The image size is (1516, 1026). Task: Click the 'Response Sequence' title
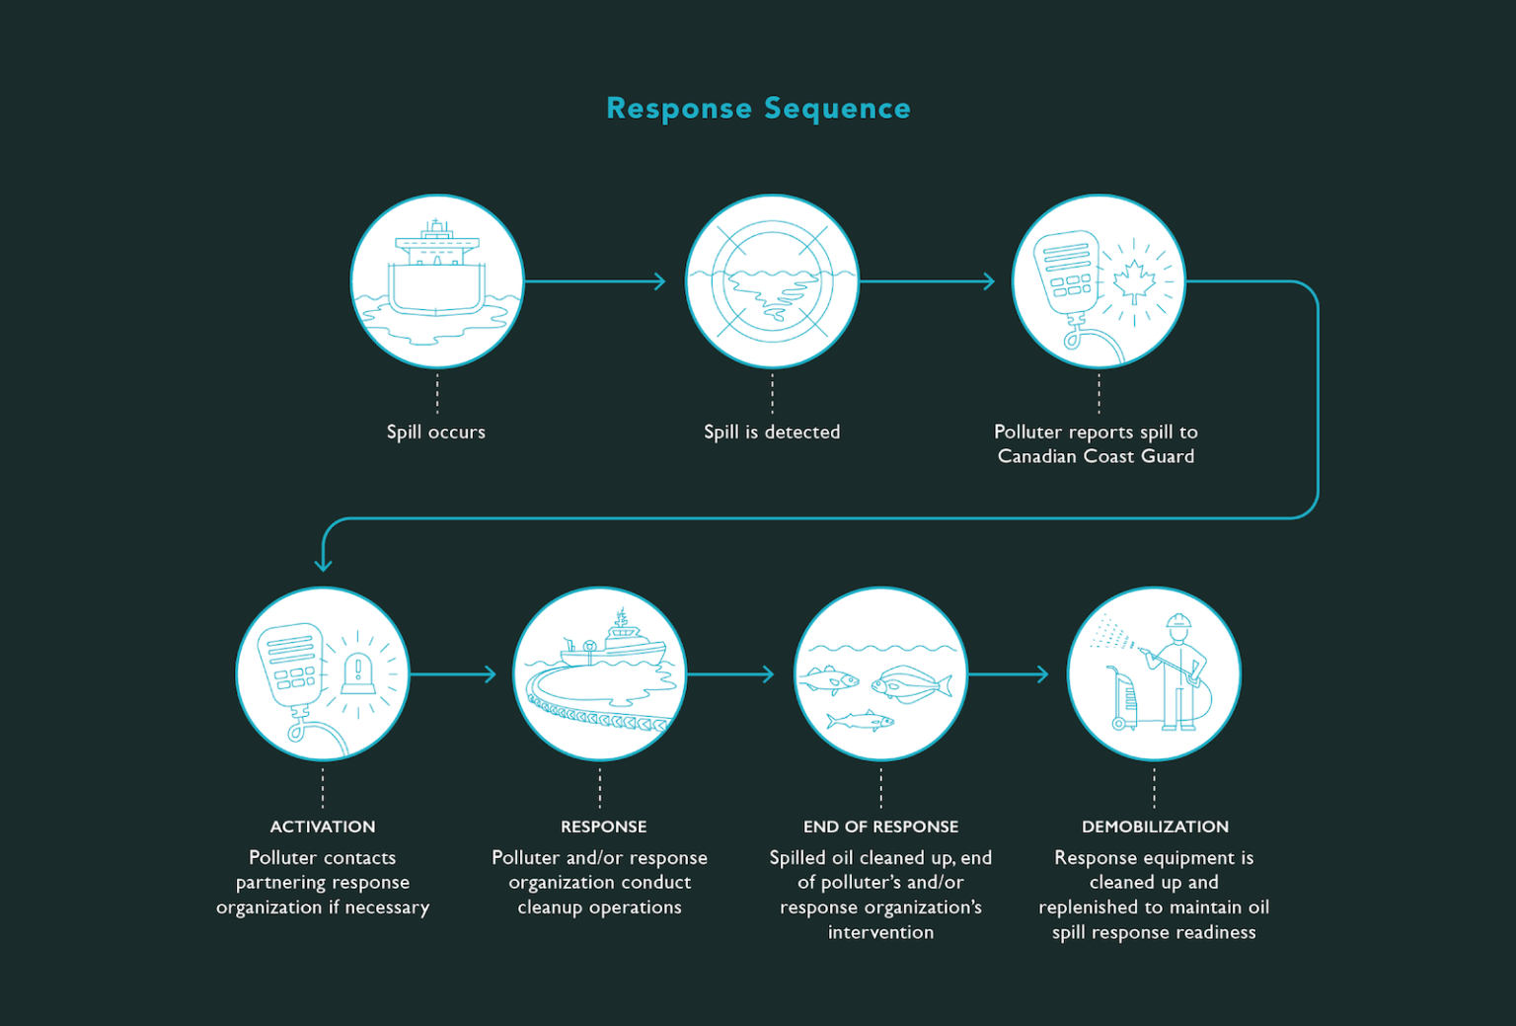click(758, 109)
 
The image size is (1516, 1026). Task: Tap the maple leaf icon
click(1134, 281)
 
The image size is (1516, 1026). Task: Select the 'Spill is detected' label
click(772, 432)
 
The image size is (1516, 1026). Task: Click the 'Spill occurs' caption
click(436, 432)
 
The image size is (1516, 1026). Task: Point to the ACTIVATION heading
click(323, 827)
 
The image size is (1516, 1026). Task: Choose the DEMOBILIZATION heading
click(1155, 827)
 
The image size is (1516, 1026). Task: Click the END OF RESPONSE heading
click(880, 827)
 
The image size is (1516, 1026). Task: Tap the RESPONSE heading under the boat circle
click(603, 827)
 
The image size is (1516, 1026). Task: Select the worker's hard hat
click(1178, 622)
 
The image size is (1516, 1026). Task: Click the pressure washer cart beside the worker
click(1124, 699)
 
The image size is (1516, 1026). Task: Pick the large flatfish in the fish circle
click(911, 683)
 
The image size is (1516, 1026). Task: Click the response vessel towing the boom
click(612, 647)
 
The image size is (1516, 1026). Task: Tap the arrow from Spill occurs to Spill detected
click(595, 281)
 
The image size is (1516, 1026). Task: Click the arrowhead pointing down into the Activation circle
click(323, 563)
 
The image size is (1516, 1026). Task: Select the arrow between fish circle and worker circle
click(1008, 674)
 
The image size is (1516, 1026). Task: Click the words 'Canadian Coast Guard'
click(1096, 456)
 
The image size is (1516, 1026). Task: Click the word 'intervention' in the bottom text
click(880, 932)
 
